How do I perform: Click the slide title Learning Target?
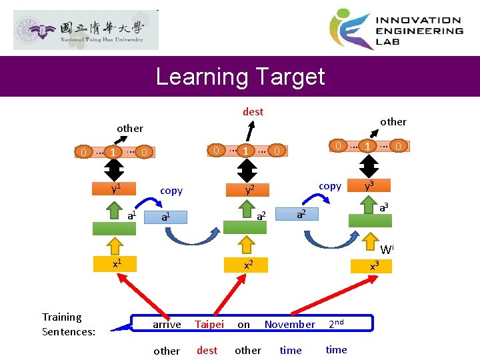pyautogui.click(x=240, y=77)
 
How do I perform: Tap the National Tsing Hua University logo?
pyautogui.click(x=86, y=30)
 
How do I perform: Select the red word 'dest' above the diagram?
pyautogui.click(x=253, y=112)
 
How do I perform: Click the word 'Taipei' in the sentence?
pyautogui.click(x=209, y=325)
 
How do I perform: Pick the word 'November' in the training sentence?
pyautogui.click(x=289, y=325)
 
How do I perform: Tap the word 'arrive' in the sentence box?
pyautogui.click(x=167, y=325)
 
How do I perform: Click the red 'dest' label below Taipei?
pyautogui.click(x=207, y=350)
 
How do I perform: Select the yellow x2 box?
pyautogui.click(x=247, y=264)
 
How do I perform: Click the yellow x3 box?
pyautogui.click(x=375, y=266)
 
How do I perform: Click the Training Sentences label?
pyautogui.click(x=69, y=325)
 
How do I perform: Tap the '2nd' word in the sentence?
pyautogui.click(x=337, y=324)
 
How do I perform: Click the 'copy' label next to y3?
pyautogui.click(x=330, y=186)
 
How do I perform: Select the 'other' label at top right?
pyautogui.click(x=393, y=121)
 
